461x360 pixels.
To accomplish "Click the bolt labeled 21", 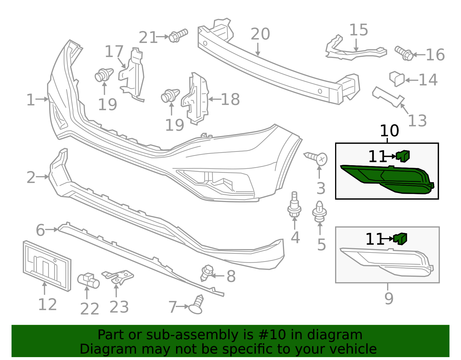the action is point(178,36).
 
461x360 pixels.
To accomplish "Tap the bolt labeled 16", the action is point(404,53).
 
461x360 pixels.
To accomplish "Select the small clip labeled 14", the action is point(397,79).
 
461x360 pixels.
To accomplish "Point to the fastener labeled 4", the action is point(294,205).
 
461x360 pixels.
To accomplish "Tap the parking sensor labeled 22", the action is point(88,280).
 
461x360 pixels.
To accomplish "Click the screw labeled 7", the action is point(196,305).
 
